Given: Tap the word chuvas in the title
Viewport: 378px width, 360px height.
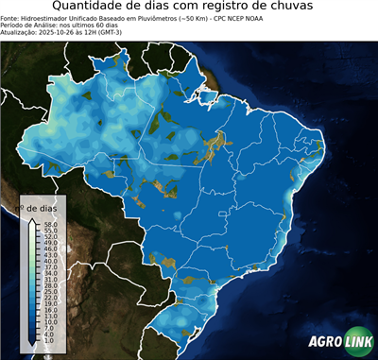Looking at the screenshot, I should pos(301,8).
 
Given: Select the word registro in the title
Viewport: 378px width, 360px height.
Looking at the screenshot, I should pos(225,8).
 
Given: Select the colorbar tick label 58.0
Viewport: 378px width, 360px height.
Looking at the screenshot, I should pos(50,224).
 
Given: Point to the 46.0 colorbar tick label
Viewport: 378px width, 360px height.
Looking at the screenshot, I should pos(50,249).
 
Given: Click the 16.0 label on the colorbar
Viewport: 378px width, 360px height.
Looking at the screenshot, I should pos(50,309).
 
